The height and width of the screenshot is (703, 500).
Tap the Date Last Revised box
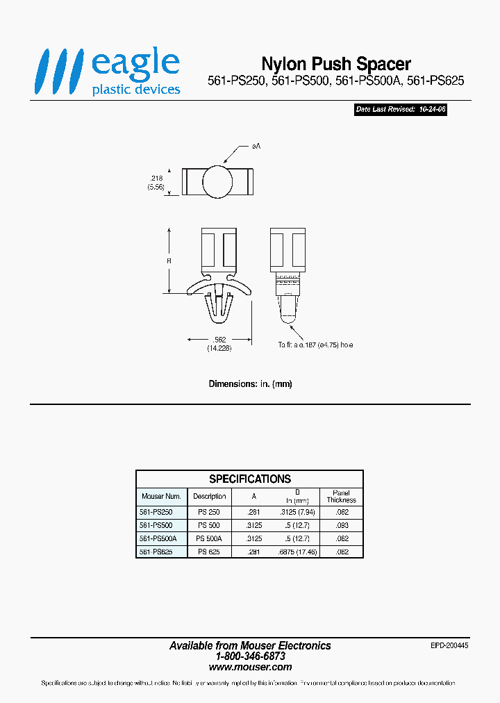point(400,110)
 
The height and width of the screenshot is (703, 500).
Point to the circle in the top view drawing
point(218,181)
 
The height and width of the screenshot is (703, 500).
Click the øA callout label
point(256,147)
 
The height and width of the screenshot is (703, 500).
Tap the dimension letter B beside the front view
point(169,260)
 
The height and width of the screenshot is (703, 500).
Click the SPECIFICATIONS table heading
point(250,479)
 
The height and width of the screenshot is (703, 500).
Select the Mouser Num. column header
point(161,496)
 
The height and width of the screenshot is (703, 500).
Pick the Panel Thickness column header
point(341,496)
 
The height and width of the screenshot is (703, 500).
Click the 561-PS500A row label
point(158,538)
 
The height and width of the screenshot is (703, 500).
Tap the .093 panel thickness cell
point(341,525)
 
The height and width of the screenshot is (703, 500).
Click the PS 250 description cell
point(209,512)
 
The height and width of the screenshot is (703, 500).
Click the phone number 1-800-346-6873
point(250,656)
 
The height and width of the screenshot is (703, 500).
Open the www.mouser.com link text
point(250,667)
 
